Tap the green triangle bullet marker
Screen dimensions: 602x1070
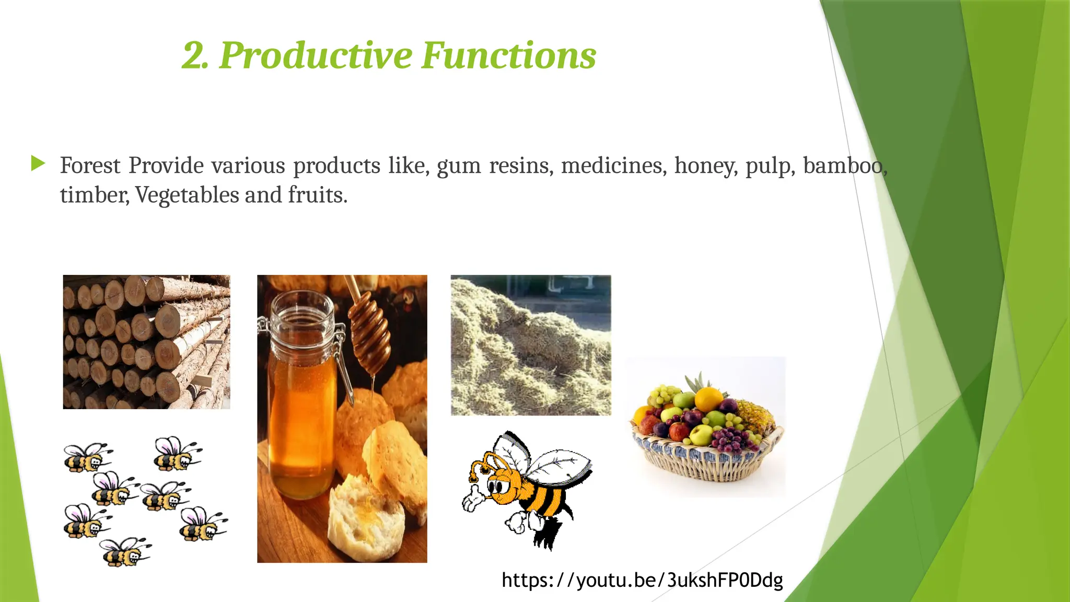tap(38, 164)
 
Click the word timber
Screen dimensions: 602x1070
tap(94, 195)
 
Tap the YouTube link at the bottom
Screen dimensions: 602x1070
tap(642, 580)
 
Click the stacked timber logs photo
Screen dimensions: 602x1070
tap(146, 342)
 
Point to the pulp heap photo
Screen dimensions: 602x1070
tap(530, 345)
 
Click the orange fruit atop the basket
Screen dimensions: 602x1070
tap(708, 399)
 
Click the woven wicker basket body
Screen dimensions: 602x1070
tap(705, 465)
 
